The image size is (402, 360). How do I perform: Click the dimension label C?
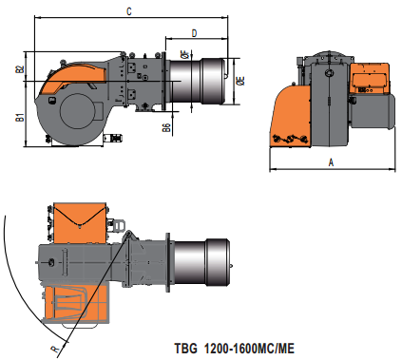(x=129, y=11)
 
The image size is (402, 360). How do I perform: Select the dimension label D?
(x=195, y=33)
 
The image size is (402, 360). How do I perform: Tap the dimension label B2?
(x=20, y=69)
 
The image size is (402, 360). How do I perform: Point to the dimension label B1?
(x=20, y=118)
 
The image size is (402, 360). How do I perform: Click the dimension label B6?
(x=166, y=127)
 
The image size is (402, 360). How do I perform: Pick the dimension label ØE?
(x=240, y=81)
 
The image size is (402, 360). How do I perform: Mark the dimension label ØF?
(x=185, y=54)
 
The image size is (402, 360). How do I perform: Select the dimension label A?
(x=331, y=162)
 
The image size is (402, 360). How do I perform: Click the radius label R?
(x=55, y=349)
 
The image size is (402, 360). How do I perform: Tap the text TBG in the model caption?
(x=185, y=349)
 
